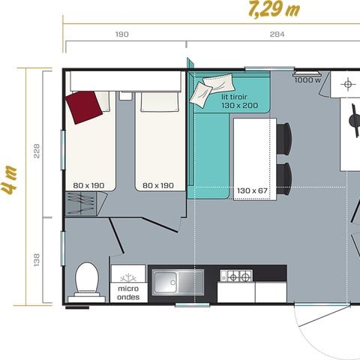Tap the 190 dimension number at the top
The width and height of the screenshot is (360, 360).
(x=123, y=34)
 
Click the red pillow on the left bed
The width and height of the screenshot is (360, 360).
(x=84, y=106)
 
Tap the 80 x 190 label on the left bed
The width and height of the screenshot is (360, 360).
(x=88, y=184)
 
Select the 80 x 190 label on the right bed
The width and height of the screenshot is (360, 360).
(x=159, y=184)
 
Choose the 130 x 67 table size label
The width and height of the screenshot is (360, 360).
(x=252, y=190)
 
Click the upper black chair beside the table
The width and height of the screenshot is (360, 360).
(x=284, y=137)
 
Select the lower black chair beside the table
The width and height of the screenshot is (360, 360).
(x=284, y=178)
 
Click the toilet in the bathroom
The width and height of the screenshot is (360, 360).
(x=86, y=278)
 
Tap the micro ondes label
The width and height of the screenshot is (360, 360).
(x=129, y=291)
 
